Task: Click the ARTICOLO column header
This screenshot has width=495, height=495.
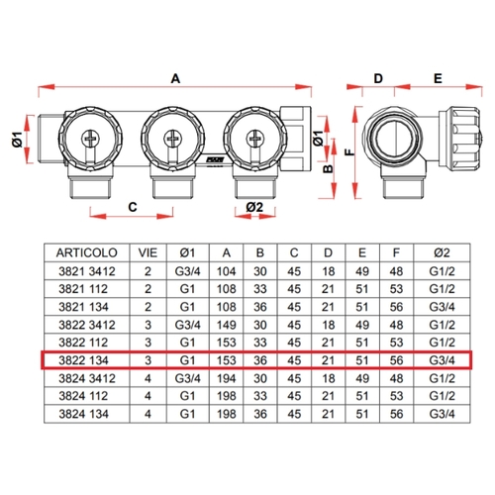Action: tap(86, 252)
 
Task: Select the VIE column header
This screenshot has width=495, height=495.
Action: tap(148, 252)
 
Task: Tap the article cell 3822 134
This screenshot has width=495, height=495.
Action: tap(83, 360)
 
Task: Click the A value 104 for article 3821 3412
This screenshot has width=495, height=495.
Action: tap(226, 271)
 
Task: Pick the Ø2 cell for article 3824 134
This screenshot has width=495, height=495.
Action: tap(442, 414)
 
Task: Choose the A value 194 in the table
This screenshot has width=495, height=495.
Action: tap(226, 378)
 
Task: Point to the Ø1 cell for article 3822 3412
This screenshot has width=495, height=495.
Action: tap(187, 325)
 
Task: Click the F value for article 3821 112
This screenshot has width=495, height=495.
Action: tap(396, 289)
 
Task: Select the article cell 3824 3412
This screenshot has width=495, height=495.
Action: tap(87, 378)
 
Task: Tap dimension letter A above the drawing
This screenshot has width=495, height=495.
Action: tap(175, 78)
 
